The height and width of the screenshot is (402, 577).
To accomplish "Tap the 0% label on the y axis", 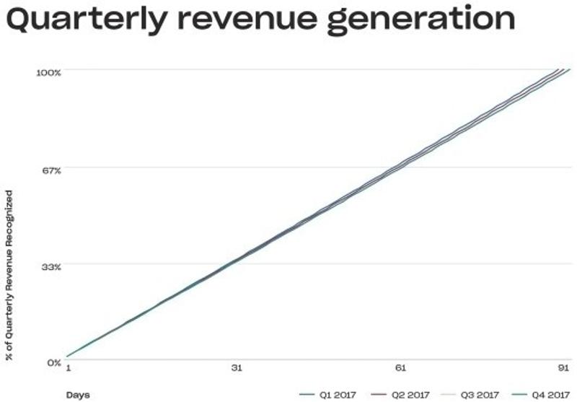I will point(55,362).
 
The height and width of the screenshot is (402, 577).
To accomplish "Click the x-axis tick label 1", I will point(68,368).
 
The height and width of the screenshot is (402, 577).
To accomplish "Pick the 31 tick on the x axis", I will point(236,368).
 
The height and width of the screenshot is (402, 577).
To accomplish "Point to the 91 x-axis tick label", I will point(564,368).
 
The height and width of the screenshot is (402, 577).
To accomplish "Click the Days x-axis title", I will point(77,394).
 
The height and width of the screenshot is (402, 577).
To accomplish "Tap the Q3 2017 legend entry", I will point(481,395).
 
